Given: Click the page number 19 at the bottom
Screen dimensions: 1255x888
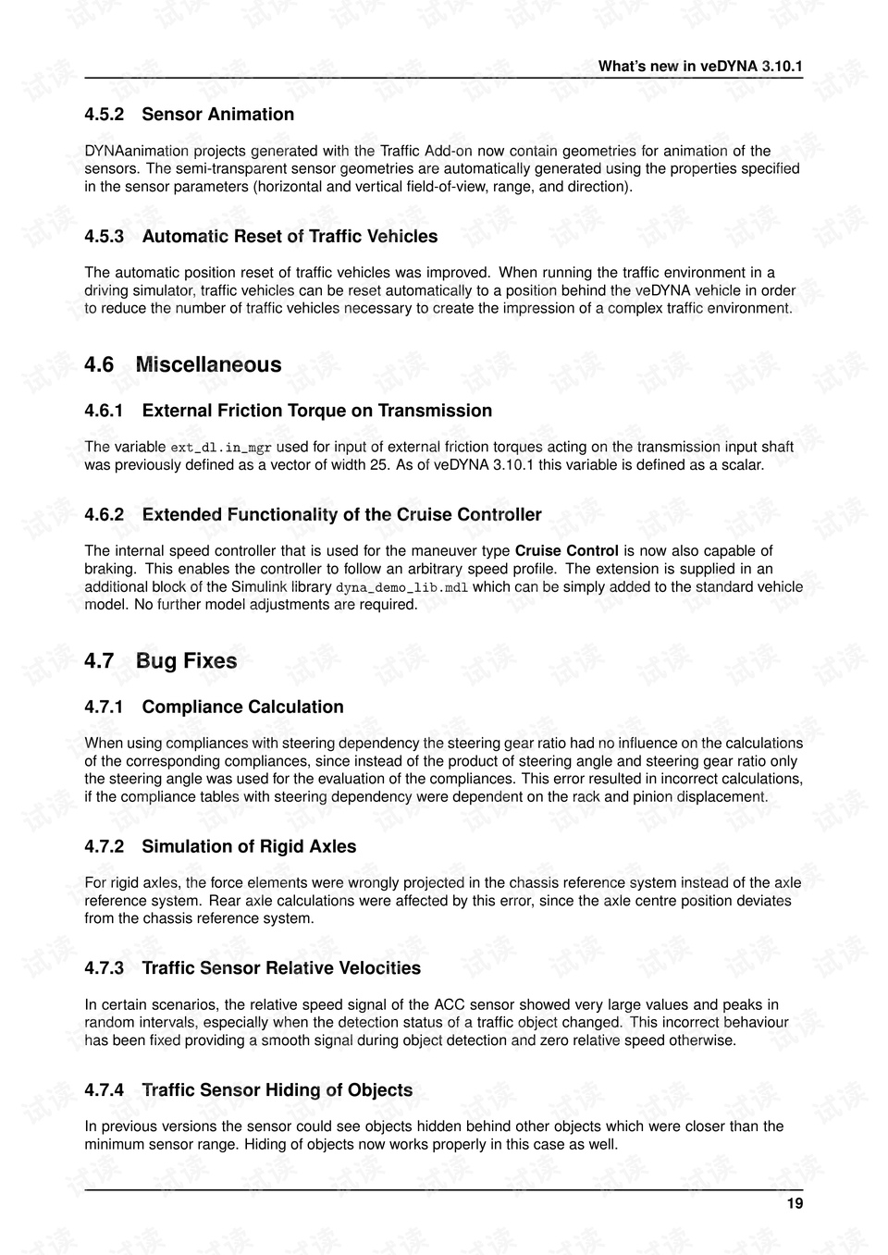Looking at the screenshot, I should pyautogui.click(x=795, y=1203).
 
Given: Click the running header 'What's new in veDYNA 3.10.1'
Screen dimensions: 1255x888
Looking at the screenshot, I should pyautogui.click(x=700, y=66).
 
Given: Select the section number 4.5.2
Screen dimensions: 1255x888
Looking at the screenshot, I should pyautogui.click(x=104, y=115).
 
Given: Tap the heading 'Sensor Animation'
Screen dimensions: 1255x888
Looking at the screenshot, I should pyautogui.click(x=217, y=115).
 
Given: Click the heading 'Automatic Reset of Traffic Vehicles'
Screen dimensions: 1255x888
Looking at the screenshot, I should pyautogui.click(x=290, y=237).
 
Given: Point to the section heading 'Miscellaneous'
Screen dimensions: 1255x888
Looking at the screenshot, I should pyautogui.click(x=208, y=364).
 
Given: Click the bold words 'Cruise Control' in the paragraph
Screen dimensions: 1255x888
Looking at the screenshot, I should pyautogui.click(x=566, y=551).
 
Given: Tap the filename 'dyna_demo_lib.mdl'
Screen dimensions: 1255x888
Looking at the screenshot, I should pyautogui.click(x=401, y=587).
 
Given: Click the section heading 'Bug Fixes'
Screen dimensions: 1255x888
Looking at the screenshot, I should pyautogui.click(x=186, y=660).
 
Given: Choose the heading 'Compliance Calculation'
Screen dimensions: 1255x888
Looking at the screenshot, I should pyautogui.click(x=242, y=707).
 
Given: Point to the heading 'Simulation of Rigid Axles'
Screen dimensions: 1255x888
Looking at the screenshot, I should pyautogui.click(x=249, y=846).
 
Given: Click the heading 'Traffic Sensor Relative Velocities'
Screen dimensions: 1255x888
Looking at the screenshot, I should pyautogui.click(x=281, y=968).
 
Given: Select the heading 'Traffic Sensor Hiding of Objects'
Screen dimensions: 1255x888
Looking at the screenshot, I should pyautogui.click(x=277, y=1090).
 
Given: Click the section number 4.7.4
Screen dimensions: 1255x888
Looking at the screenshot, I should pyautogui.click(x=104, y=1090).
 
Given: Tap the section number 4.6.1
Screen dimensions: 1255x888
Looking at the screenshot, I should pyautogui.click(x=104, y=411).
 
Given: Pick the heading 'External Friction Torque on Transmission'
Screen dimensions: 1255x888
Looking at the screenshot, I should pyautogui.click(x=316, y=411).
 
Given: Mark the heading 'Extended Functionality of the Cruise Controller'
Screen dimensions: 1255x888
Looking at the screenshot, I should pyautogui.click(x=341, y=514).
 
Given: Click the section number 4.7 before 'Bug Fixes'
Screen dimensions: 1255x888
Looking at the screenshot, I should pyautogui.click(x=99, y=660).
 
